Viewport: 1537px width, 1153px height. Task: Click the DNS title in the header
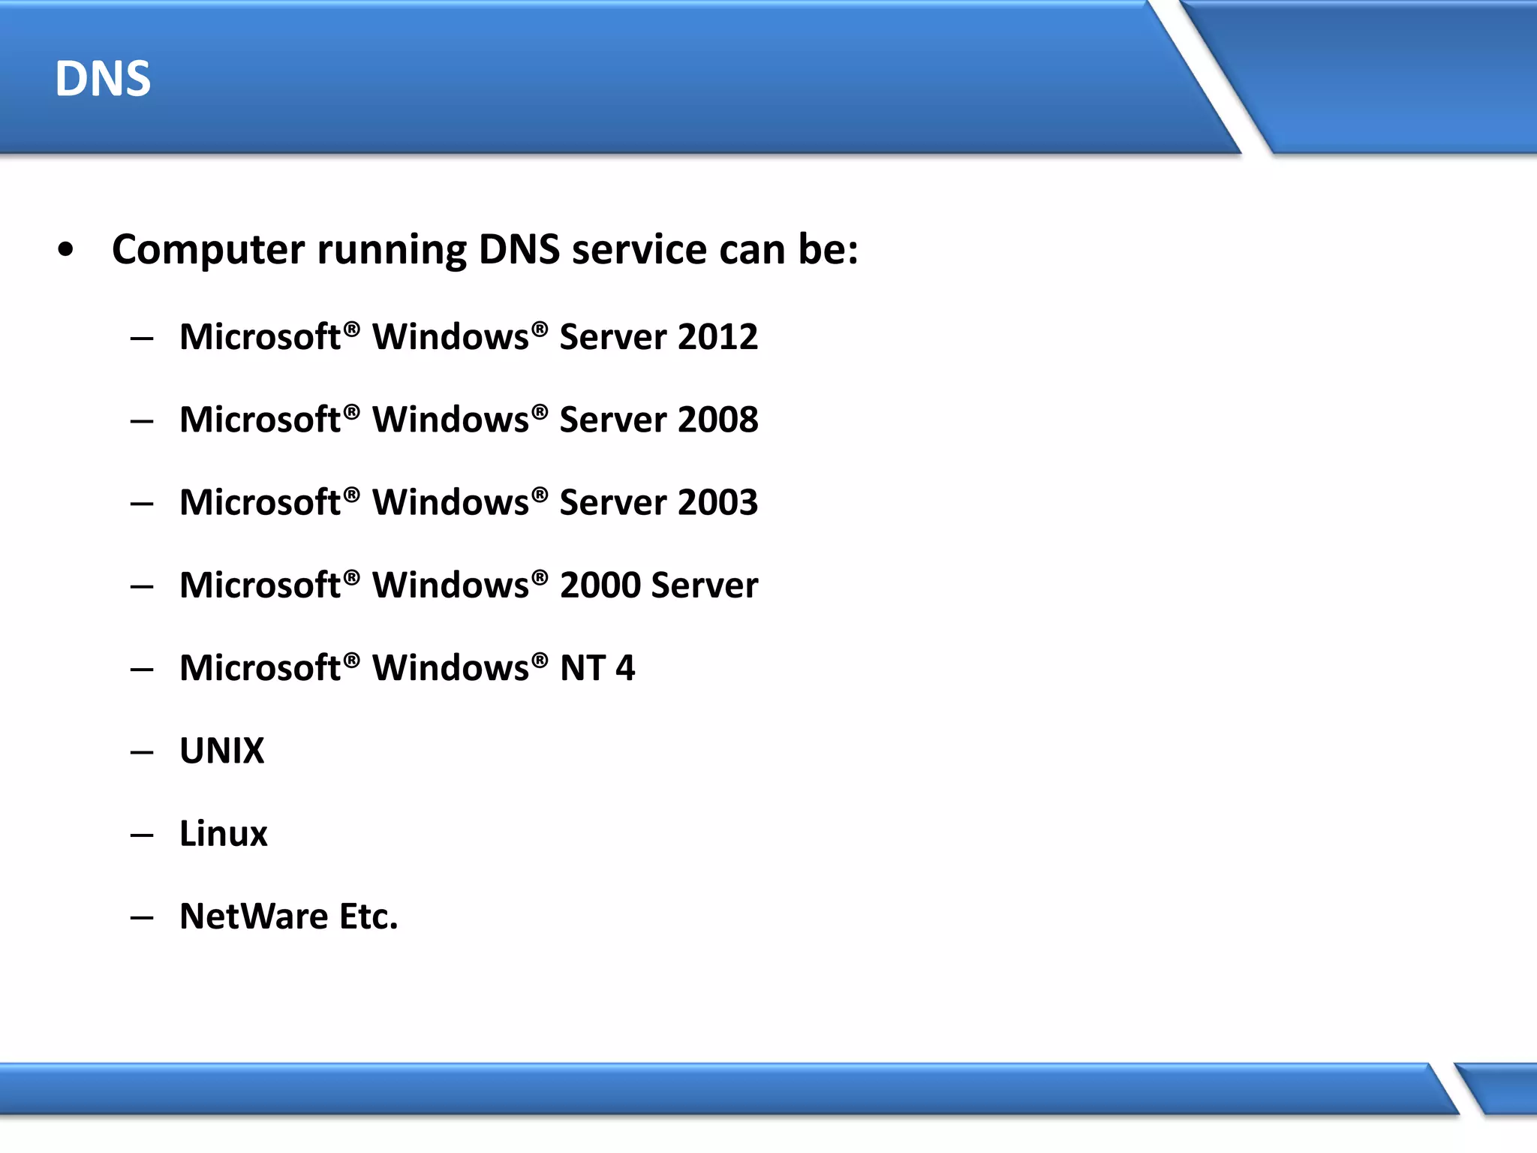[103, 79]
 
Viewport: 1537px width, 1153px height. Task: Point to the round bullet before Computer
[66, 250]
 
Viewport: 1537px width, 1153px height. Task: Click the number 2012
[717, 337]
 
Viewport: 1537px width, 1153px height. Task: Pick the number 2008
[717, 420]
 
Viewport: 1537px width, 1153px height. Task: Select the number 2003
[717, 502]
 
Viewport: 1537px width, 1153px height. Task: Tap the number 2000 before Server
[600, 586]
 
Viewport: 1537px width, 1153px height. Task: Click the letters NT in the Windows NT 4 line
[582, 668]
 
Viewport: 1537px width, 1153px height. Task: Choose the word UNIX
[222, 751]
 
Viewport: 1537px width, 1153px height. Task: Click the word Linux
[224, 834]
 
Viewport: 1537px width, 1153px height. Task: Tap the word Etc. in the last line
[368, 917]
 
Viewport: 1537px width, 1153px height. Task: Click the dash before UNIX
[141, 752]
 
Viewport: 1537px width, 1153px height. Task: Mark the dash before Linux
[141, 835]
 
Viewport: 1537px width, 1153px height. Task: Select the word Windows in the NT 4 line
[451, 668]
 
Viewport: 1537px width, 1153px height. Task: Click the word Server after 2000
[705, 586]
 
